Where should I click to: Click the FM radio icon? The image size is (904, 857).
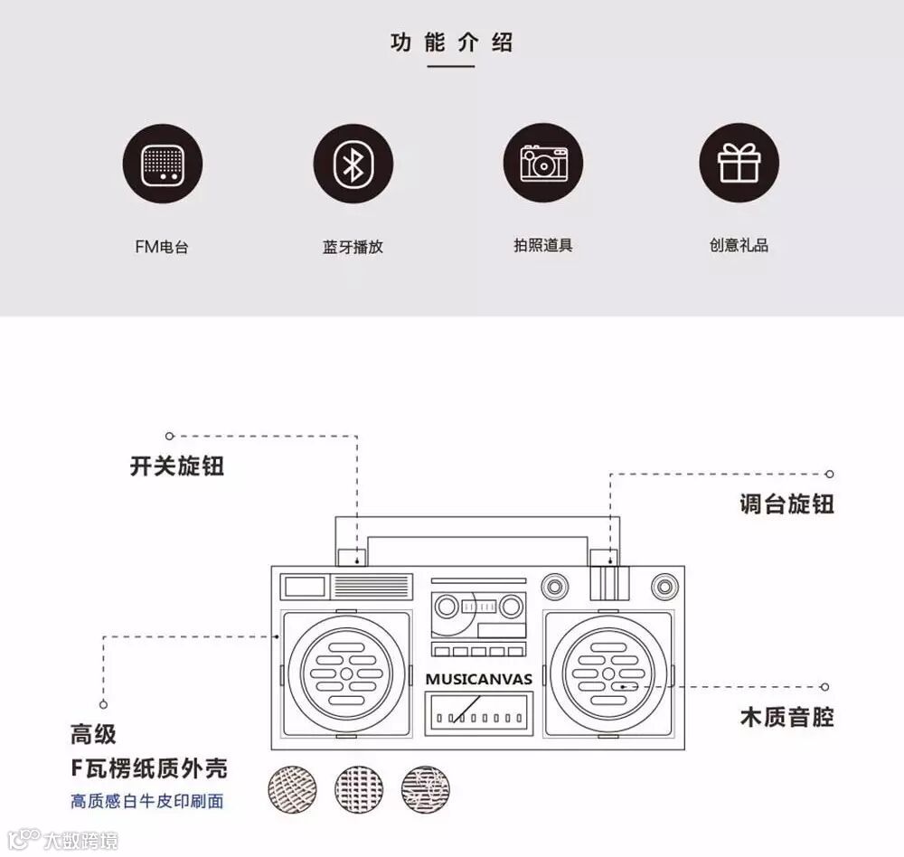click(x=163, y=164)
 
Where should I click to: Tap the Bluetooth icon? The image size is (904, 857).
click(x=353, y=164)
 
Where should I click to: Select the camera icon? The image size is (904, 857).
click(x=543, y=164)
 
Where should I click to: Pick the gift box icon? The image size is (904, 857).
click(x=739, y=164)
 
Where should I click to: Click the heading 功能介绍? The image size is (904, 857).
click(x=452, y=42)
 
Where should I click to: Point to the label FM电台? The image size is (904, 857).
click(x=162, y=247)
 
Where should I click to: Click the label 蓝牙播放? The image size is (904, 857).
click(x=353, y=247)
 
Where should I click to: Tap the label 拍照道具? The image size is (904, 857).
click(x=543, y=245)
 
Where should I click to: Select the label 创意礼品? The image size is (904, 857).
click(x=739, y=245)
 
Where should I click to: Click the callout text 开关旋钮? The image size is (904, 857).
click(x=177, y=466)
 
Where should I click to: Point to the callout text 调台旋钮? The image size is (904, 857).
click(x=786, y=504)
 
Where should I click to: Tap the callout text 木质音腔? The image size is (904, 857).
click(x=786, y=718)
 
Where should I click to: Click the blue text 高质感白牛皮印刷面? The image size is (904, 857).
click(x=147, y=801)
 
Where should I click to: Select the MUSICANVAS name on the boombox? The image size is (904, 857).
click(x=478, y=679)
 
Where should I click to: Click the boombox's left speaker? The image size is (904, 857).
click(x=346, y=673)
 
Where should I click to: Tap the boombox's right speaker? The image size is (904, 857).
click(x=608, y=673)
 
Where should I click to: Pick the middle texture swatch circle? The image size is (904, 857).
click(x=359, y=788)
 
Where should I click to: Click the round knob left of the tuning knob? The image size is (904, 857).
click(x=555, y=585)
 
